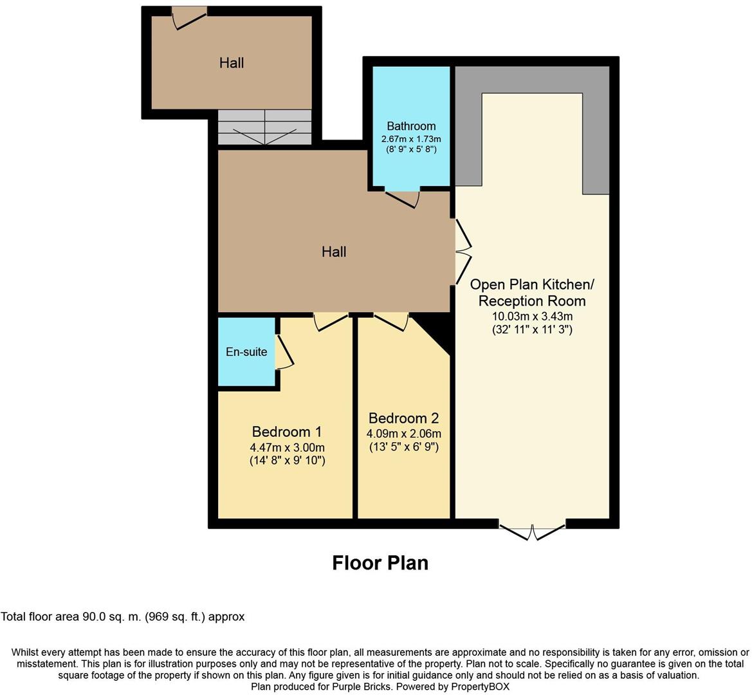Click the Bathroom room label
pos(411,126)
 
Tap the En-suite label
pos(246,352)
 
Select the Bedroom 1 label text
pos(287,431)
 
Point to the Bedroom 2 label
pos(403,418)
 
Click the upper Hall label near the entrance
pos(232,63)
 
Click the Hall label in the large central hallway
pos(334,252)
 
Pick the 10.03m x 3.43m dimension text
pos(532,316)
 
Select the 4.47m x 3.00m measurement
pos(287,447)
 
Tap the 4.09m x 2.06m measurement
pos(403,433)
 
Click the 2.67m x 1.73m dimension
pos(411,139)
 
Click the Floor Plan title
pos(380,563)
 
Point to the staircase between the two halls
pos(264,127)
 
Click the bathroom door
pos(403,198)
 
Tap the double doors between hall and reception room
pos(463,251)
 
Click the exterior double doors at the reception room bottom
pos(532,533)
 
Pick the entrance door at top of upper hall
pos(189,18)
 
